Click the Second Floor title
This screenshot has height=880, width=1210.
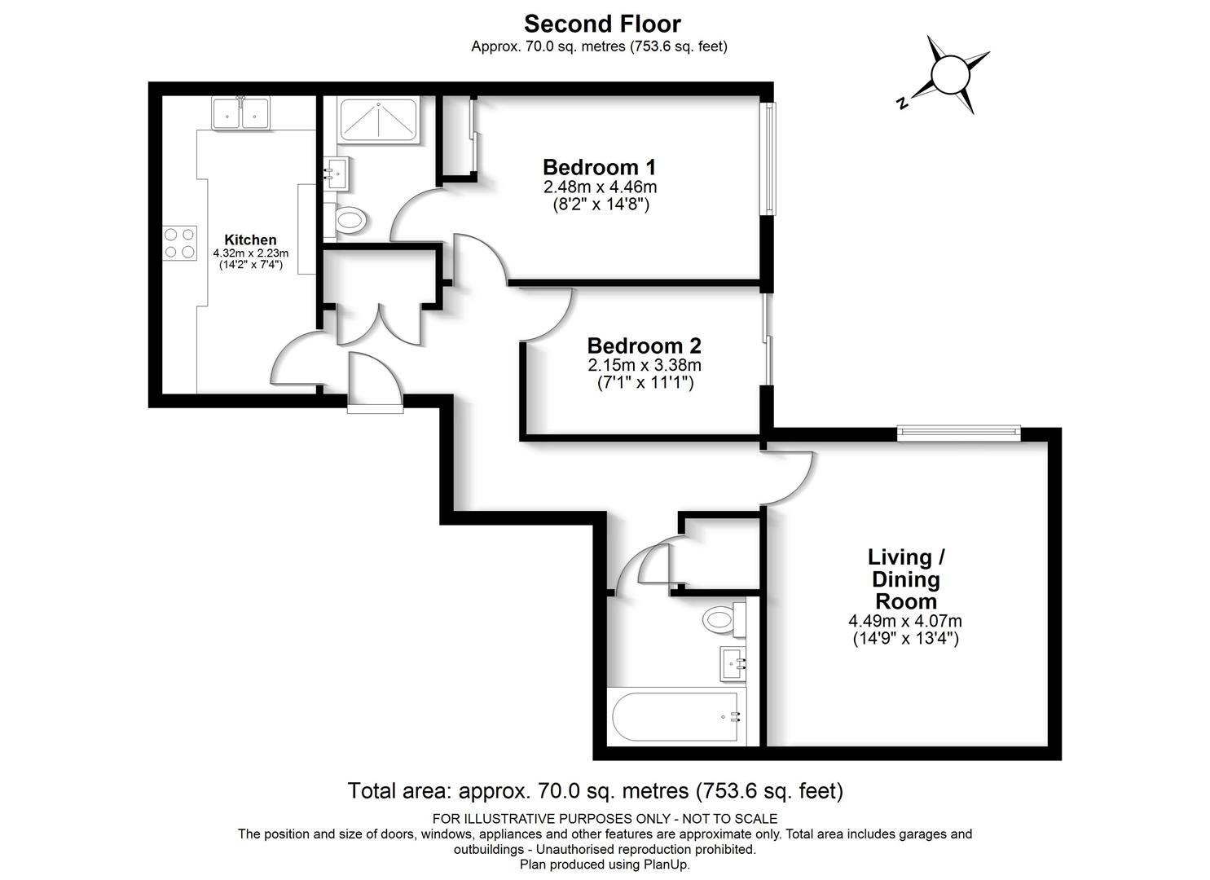point(602,24)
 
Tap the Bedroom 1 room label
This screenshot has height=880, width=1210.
point(600,168)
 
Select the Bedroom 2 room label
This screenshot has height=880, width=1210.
point(644,345)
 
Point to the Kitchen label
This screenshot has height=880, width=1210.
point(250,240)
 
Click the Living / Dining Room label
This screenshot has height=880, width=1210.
point(906,579)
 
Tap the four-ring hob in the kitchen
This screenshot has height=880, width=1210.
point(180,243)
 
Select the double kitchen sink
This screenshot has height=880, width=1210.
point(241,113)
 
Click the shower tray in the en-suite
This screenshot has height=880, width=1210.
point(378,120)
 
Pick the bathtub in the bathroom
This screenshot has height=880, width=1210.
point(676,716)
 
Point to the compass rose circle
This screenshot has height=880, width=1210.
point(950,75)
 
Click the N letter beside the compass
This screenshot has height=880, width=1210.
point(900,103)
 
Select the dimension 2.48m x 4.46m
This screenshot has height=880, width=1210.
point(600,187)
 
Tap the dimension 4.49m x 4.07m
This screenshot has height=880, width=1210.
point(905,621)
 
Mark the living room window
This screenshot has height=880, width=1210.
point(959,433)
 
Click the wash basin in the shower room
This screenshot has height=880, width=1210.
point(337,173)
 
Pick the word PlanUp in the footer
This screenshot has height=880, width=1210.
point(667,865)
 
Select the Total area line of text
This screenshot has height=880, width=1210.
point(596,791)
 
